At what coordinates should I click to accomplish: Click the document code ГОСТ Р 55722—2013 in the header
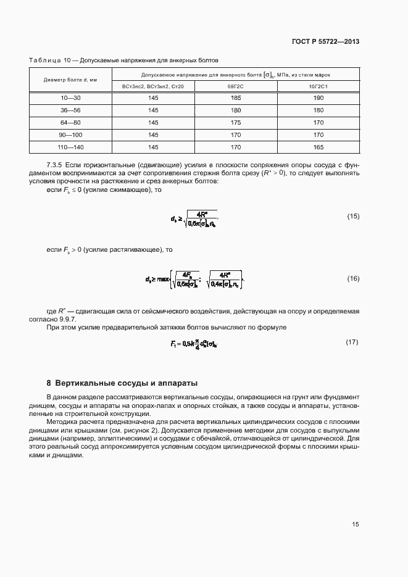[x=326, y=42]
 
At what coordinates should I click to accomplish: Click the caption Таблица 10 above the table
[x=48, y=60]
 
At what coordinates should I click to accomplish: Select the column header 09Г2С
[x=236, y=86]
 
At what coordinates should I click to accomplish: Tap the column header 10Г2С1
[x=318, y=86]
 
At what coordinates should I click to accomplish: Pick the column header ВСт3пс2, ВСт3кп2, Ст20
[x=152, y=86]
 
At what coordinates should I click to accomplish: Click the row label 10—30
[x=70, y=98]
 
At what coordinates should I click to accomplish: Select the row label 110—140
[x=70, y=147]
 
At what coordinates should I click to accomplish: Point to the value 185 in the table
[x=236, y=98]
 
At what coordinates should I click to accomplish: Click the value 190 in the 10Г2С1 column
[x=318, y=98]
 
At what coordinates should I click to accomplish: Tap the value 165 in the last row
[x=318, y=147]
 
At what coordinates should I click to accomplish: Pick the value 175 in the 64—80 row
[x=236, y=122]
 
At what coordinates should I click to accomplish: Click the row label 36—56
[x=70, y=110]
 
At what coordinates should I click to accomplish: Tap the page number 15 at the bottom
[x=356, y=525]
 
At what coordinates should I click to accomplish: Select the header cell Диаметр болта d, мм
[x=70, y=80]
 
